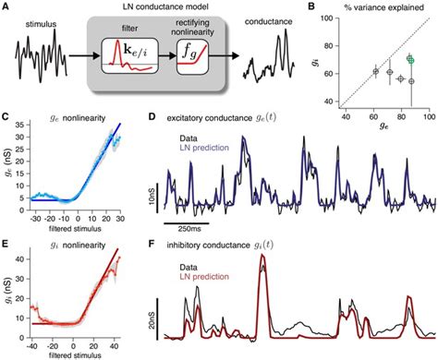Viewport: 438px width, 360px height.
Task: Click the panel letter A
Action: [x=7, y=8]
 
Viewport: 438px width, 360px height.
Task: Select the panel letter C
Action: [x=7, y=118]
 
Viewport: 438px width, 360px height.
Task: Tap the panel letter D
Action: [x=153, y=118]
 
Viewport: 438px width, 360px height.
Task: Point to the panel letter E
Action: [x=7, y=240]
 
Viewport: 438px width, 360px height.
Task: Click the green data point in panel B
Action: [x=409, y=59]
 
